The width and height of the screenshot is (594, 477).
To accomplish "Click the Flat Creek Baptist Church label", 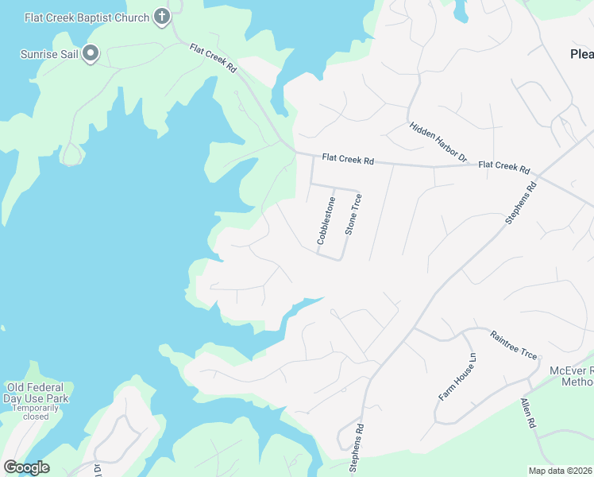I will tap(87, 17).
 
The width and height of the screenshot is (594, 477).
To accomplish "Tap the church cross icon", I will tap(162, 16).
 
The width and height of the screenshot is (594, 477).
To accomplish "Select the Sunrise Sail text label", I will tap(48, 55).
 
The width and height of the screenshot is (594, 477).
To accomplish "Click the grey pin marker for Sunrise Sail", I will tap(91, 54).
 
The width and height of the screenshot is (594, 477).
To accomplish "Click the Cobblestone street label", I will tap(327, 220).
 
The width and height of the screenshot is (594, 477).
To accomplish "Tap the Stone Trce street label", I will tap(353, 214).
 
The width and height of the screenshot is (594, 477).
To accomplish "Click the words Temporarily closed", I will tap(37, 412).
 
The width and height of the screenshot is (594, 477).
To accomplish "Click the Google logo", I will tap(26, 467).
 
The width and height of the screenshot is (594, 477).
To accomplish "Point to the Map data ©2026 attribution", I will tap(561, 471).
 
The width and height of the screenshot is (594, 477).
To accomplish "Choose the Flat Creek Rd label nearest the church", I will tap(214, 59).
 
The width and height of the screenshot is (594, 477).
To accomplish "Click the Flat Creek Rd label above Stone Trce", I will tap(347, 160).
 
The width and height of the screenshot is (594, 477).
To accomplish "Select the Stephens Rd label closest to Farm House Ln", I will tap(357, 449).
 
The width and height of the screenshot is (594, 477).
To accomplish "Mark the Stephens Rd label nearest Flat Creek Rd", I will tap(522, 203).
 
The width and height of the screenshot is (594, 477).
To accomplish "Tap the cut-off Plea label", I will tap(581, 54).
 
